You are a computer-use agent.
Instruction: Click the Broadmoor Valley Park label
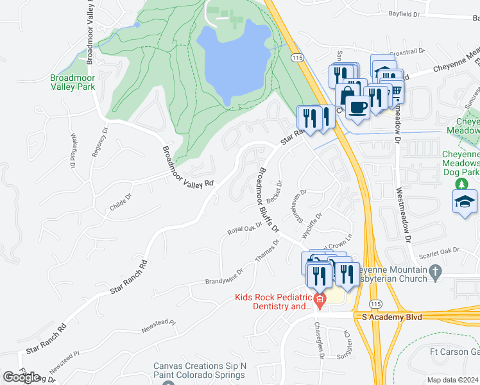pyautogui.click(x=73, y=81)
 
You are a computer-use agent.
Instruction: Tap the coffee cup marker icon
pyautogui.click(x=356, y=106)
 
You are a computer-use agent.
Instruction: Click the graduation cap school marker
pyautogui.click(x=465, y=203)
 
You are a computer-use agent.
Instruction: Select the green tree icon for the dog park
pyautogui.click(x=461, y=184)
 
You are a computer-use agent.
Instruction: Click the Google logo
pyautogui.click(x=21, y=377)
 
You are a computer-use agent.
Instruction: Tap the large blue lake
pyautogui.click(x=232, y=61)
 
